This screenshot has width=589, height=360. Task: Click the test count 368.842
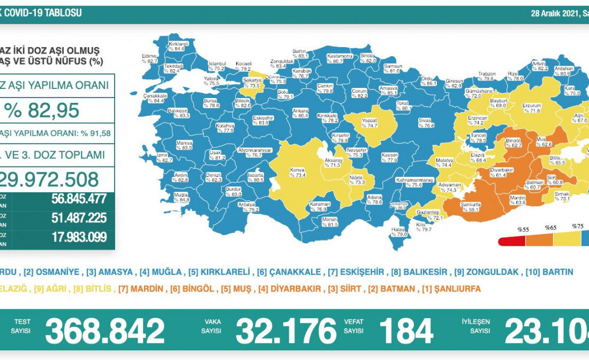(105, 331)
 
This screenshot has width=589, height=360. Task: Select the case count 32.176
(286, 331)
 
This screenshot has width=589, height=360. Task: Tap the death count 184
(406, 331)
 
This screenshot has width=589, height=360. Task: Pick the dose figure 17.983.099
(79, 237)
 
